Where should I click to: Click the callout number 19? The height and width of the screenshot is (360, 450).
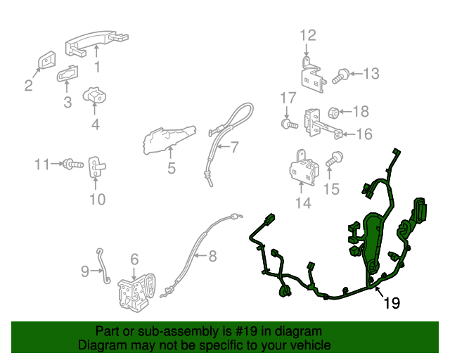click(x=392, y=303)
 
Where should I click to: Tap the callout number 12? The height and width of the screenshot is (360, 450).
click(x=308, y=36)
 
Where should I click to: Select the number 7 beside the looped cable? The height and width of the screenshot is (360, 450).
click(x=235, y=147)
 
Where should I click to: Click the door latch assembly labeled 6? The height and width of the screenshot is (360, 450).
click(x=137, y=292)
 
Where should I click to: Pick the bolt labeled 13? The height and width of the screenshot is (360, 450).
click(x=340, y=77)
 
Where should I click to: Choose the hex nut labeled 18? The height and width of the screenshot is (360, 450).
click(x=334, y=113)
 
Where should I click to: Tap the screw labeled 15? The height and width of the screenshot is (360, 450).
click(x=334, y=158)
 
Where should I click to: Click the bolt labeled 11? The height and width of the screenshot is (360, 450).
click(x=73, y=165)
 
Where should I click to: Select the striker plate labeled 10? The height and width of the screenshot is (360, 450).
click(x=96, y=167)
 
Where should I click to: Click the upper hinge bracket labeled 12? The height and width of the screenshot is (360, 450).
click(x=313, y=76)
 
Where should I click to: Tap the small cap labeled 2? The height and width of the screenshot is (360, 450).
click(x=47, y=60)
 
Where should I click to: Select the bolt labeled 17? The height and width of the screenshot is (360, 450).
click(x=289, y=124)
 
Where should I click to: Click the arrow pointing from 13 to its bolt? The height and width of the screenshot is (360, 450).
click(x=356, y=74)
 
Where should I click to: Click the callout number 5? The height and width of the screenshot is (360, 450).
click(x=172, y=168)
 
